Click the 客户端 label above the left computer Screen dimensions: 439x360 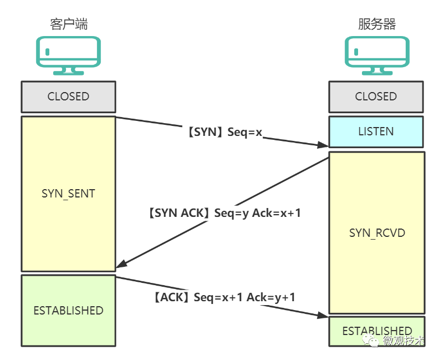(69, 24)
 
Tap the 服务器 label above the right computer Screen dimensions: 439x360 (377, 24)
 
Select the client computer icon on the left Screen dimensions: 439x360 (68, 55)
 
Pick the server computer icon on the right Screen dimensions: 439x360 (377, 55)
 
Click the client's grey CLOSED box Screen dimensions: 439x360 (68, 97)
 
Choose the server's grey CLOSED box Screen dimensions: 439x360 (376, 97)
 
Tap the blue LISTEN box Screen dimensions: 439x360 (376, 131)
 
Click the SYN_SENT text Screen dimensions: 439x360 (68, 194)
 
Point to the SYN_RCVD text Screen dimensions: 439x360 (377, 233)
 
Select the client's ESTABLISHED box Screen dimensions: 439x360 (68, 311)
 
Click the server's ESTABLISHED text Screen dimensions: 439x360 (377, 331)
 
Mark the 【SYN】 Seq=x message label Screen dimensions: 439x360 (225, 132)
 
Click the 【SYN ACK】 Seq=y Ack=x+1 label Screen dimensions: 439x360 (224, 213)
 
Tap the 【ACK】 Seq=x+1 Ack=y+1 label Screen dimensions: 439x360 (224, 297)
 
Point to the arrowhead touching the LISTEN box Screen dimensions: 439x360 (323, 145)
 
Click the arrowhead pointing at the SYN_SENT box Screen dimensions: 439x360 (122, 263)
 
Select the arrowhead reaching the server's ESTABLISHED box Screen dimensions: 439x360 (323, 315)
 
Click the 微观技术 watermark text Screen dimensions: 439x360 (404, 341)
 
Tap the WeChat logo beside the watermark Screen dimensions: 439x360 (370, 340)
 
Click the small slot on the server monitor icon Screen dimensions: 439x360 (356, 52)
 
